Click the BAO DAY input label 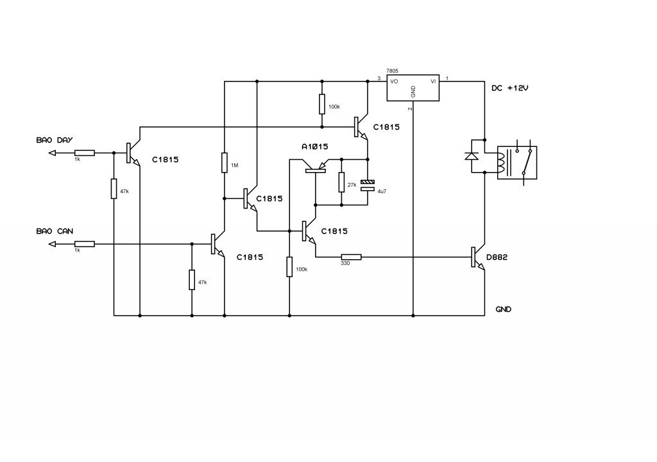[55, 140]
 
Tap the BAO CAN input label [55, 231]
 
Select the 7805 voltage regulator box [413, 88]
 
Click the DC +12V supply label [510, 88]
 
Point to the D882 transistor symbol [477, 257]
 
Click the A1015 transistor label [314, 147]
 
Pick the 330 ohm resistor [351, 257]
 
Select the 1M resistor [225, 163]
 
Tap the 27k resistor [341, 182]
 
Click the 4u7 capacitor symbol [368, 185]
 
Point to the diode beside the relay [472, 156]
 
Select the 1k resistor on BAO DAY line [85, 153]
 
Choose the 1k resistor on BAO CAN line [85, 244]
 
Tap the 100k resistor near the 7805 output [322, 104]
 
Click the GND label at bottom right [503, 309]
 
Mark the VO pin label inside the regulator [394, 81]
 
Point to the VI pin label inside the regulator [433, 81]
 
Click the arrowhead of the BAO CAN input [52, 244]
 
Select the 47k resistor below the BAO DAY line [114, 189]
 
